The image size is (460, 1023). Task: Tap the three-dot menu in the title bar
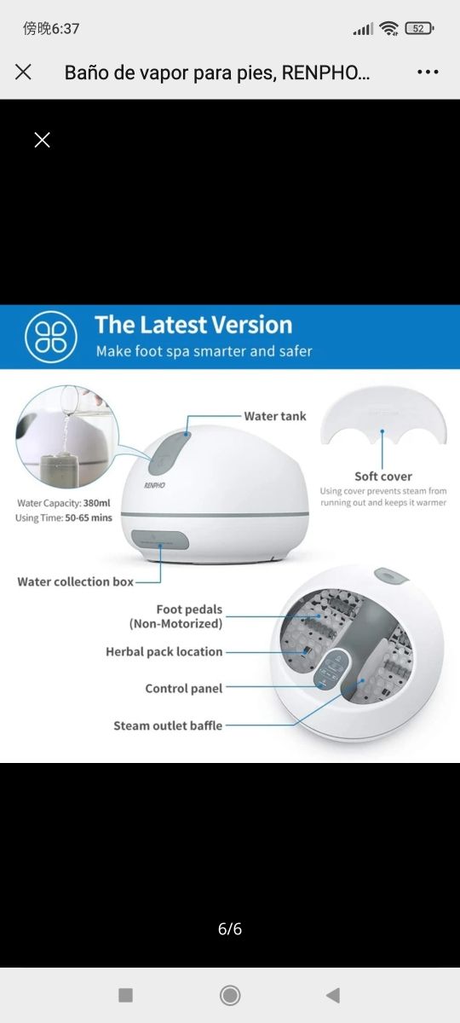(428, 72)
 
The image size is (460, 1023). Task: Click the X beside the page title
(23, 72)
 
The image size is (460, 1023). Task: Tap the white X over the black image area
(42, 140)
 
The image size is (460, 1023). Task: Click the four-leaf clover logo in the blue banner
(50, 337)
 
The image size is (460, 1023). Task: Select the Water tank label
(274, 416)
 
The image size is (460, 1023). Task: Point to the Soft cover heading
(383, 477)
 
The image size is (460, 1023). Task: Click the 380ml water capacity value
(97, 503)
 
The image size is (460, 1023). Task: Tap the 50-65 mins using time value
(89, 518)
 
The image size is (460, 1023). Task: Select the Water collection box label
(75, 581)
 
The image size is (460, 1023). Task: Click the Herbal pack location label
(164, 651)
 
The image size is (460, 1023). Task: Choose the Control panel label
(184, 688)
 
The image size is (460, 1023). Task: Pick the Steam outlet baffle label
(168, 725)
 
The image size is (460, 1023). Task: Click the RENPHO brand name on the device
(155, 485)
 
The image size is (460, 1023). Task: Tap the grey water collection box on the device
(160, 540)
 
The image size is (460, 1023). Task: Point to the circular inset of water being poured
(67, 436)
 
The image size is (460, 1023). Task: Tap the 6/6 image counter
(230, 928)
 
